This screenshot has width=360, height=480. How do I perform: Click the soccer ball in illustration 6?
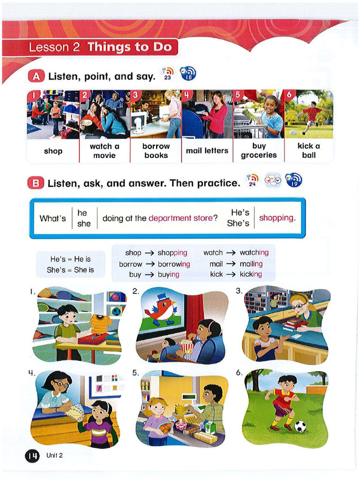[300, 426]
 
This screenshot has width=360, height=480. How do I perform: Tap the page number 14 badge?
[32, 455]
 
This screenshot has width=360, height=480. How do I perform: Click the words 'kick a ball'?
[308, 150]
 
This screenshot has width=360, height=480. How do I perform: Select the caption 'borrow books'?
[156, 150]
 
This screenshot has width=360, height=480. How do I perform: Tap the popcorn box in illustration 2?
[186, 347]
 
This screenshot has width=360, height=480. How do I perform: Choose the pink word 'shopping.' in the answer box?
[277, 218]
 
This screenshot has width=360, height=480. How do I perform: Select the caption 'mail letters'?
[207, 150]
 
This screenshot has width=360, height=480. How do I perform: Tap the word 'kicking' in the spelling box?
[251, 274]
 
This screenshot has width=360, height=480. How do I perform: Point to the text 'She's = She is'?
[70, 270]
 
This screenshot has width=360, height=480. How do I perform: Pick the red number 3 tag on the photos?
[135, 95]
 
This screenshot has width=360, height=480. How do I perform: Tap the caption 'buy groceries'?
[259, 150]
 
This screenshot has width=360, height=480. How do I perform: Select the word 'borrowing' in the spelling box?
[174, 264]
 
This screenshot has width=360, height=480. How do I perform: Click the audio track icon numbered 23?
[167, 74]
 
